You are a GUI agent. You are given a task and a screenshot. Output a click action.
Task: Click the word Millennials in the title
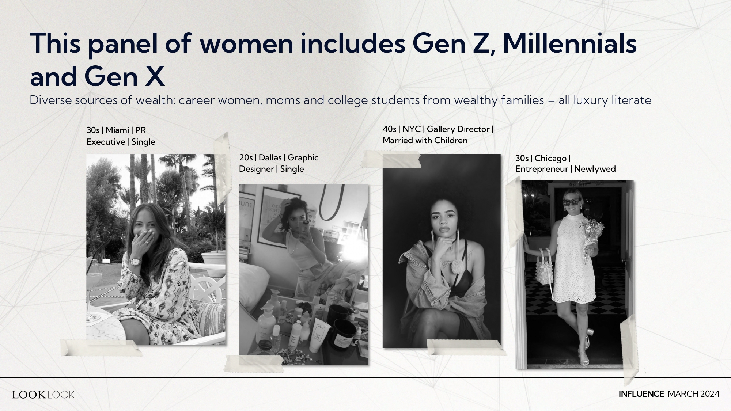point(569,43)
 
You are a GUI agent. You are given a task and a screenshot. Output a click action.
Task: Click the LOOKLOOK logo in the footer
point(43,395)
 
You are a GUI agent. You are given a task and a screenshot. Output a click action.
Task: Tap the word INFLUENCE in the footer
point(641,394)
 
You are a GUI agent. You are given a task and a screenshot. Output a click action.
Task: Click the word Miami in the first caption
point(117,130)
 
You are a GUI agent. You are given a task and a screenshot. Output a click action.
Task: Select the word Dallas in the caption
point(270,157)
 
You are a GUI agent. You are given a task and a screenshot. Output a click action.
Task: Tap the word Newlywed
point(595,169)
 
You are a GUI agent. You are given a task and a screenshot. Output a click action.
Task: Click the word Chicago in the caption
point(550,158)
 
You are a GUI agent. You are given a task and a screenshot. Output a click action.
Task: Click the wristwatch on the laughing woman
point(135,261)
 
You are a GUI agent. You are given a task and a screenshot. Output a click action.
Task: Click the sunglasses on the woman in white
point(571,202)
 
